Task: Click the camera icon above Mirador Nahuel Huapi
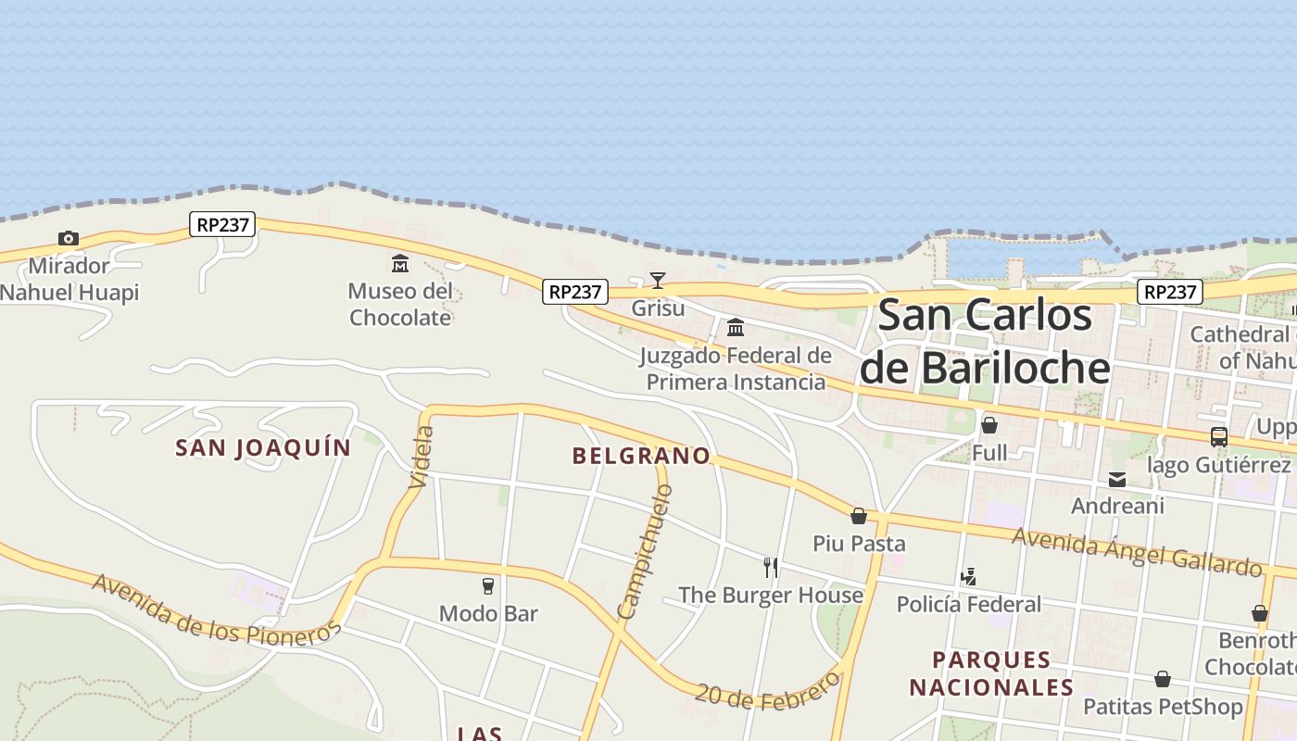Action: point(68,239)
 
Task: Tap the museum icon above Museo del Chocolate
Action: point(400,264)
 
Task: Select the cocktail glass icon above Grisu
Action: point(658,281)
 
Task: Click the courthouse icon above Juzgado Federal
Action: point(736,328)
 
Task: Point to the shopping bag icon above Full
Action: point(989,425)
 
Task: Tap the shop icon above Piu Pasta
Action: point(859,516)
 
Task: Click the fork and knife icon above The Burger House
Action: point(771,567)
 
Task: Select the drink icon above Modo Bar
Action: point(488,585)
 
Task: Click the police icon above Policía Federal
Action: point(968,577)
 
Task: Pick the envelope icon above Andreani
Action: point(1117,480)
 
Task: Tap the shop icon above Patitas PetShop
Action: point(1163,680)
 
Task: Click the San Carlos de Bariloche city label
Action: point(985,342)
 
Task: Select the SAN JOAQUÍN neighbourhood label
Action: point(264,448)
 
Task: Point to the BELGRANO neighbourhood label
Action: point(641,456)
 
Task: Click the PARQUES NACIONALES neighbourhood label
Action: point(991,673)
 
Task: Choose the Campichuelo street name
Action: point(644,552)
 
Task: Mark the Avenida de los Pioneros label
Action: point(217,610)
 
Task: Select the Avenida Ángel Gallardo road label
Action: point(1137,552)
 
